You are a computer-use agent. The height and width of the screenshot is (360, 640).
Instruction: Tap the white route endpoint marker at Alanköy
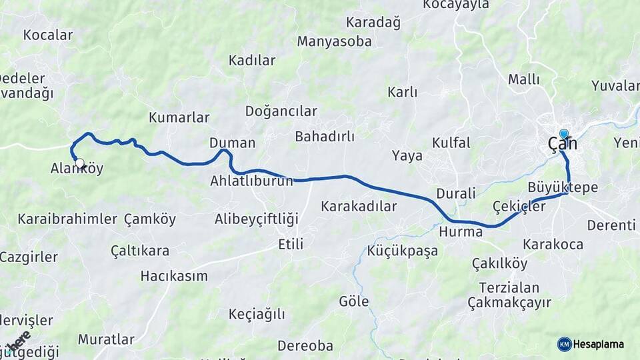[x=80, y=163]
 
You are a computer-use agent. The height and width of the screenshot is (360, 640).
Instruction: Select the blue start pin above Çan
[x=564, y=134]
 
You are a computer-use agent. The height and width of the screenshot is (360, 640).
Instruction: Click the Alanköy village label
[x=77, y=169]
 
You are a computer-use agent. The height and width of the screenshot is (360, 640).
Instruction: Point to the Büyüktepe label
[x=563, y=187]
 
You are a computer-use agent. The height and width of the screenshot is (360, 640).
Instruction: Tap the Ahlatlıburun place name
[x=251, y=181]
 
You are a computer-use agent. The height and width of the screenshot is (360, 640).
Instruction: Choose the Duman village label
[x=232, y=143]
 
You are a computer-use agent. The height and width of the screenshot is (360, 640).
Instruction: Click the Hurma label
[x=461, y=232]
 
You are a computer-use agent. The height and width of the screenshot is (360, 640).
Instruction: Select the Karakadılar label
[x=359, y=206]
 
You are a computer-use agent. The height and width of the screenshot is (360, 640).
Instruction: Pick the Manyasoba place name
[x=334, y=41]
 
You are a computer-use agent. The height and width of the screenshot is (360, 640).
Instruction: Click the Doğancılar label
[x=281, y=111]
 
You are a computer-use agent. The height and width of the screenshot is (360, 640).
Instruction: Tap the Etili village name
[x=291, y=245]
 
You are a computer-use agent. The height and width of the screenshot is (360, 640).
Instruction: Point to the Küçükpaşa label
[x=402, y=251]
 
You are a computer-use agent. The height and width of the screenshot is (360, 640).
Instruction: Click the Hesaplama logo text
[x=599, y=344]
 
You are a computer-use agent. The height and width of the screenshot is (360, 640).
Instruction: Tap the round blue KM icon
[x=564, y=344]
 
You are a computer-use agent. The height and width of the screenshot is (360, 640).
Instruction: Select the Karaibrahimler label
[x=67, y=219]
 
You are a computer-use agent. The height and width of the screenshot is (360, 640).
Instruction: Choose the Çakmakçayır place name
[x=509, y=303]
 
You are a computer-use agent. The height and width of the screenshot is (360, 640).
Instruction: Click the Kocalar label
[x=47, y=35]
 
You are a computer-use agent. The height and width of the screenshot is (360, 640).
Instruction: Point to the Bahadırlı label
[x=325, y=137]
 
